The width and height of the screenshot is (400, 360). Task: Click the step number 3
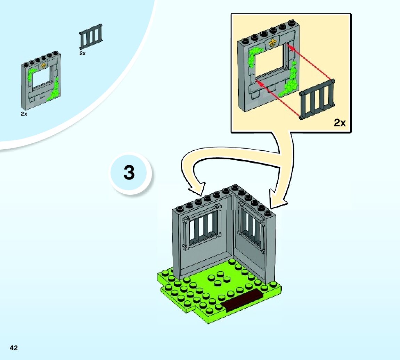pyautogui.click(x=129, y=173)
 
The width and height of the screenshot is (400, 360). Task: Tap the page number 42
pyautogui.click(x=14, y=348)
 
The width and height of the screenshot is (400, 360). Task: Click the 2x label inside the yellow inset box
pyautogui.click(x=340, y=123)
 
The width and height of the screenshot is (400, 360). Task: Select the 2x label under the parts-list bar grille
pyautogui.click(x=82, y=53)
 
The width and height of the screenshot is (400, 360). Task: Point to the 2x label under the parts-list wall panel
pyautogui.click(x=24, y=114)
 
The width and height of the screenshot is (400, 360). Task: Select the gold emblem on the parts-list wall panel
pyautogui.click(x=43, y=65)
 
